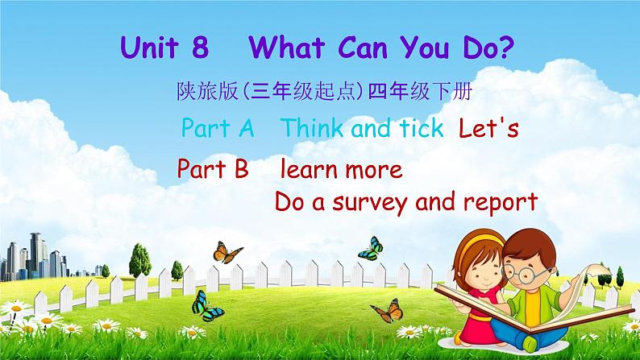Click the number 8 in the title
click(x=200, y=48)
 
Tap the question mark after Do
click(x=505, y=47)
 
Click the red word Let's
click(x=488, y=127)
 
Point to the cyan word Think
click(x=312, y=127)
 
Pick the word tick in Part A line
click(x=422, y=127)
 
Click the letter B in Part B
click(x=242, y=169)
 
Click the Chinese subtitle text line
click(x=325, y=91)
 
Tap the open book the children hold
click(x=530, y=304)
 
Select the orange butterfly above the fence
click(x=228, y=252)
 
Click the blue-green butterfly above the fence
click(x=371, y=248)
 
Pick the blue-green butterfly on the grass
click(x=207, y=306)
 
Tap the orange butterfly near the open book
click(x=388, y=311)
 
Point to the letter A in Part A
click(x=247, y=128)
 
